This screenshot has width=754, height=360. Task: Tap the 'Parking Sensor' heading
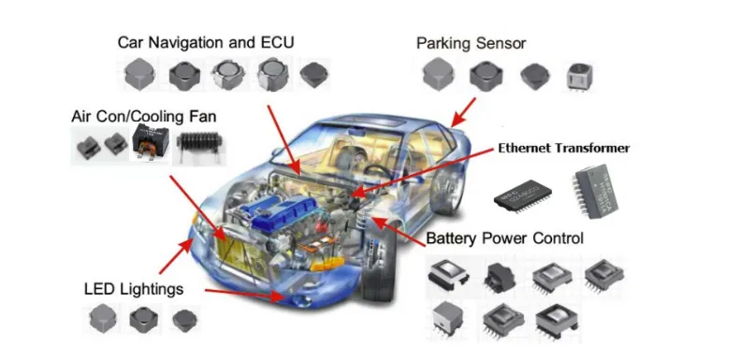(471, 42)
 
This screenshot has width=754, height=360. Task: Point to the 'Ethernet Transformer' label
(563, 148)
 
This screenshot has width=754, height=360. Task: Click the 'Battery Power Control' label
(504, 238)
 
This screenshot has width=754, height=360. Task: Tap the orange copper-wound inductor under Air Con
(151, 146)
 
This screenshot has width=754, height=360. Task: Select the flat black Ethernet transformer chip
(526, 193)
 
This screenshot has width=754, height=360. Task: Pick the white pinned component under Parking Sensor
(578, 78)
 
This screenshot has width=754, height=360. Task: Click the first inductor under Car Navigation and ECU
(139, 73)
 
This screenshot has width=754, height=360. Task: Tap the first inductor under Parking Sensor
(438, 75)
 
